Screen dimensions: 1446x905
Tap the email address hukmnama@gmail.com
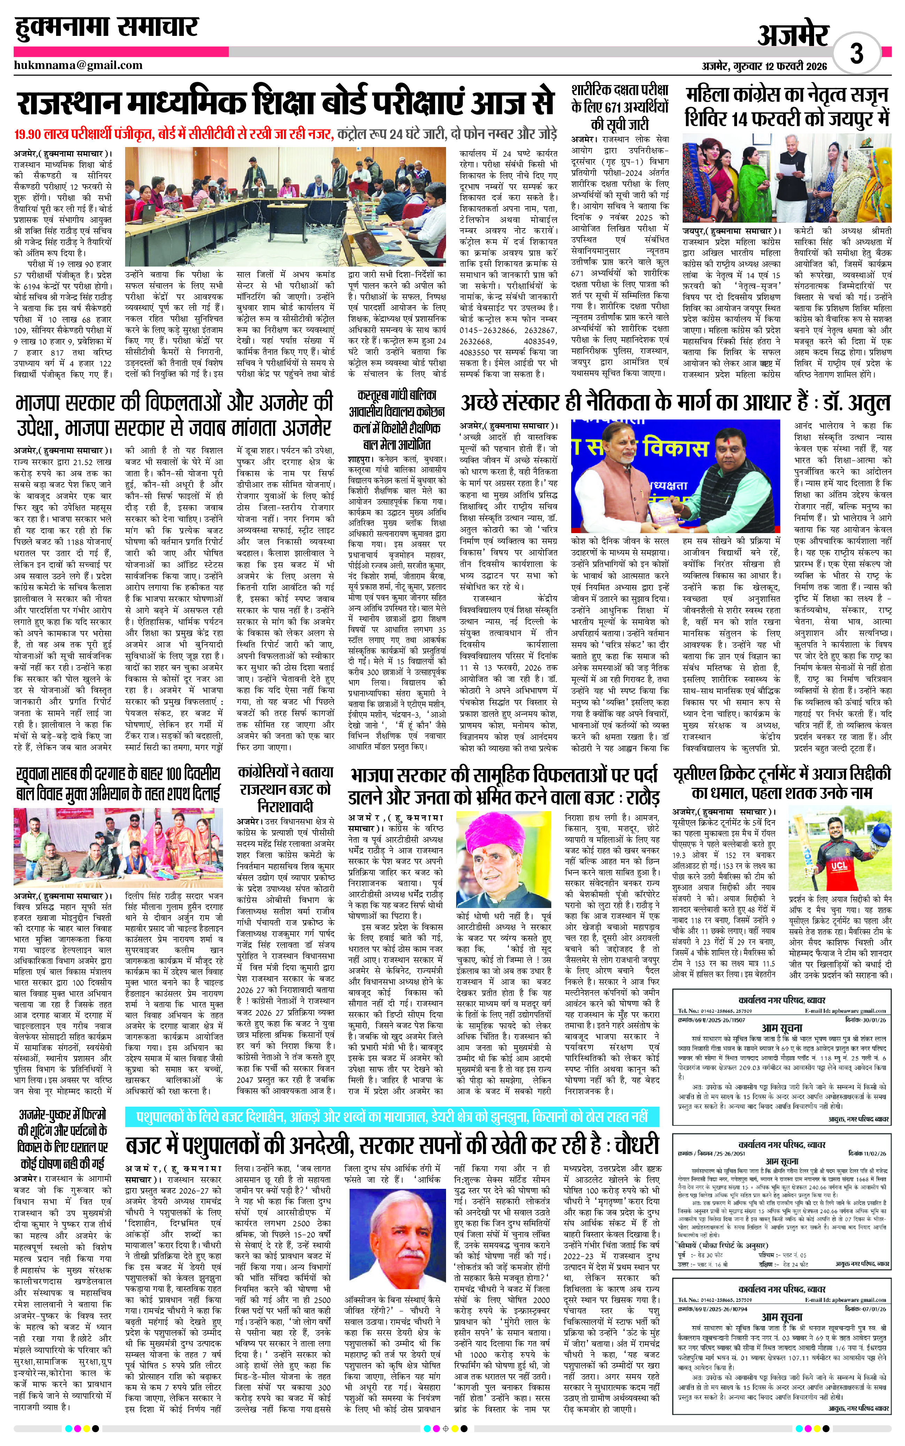point(78,65)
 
